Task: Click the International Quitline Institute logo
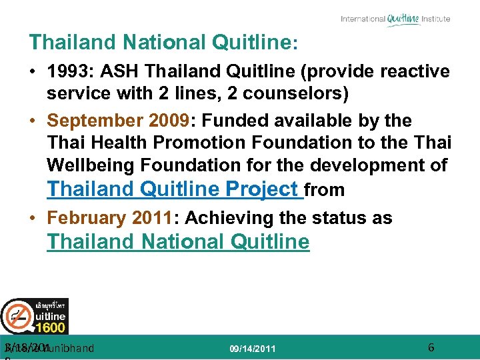pyautogui.click(x=395, y=19)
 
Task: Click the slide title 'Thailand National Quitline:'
pyautogui.click(x=163, y=43)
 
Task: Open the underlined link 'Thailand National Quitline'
pyautogui.click(x=178, y=241)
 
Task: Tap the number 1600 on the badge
pyautogui.click(x=50, y=327)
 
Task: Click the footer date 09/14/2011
pyautogui.click(x=252, y=349)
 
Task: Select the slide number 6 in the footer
pyautogui.click(x=431, y=347)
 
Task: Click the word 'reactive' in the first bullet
pyautogui.click(x=415, y=71)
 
